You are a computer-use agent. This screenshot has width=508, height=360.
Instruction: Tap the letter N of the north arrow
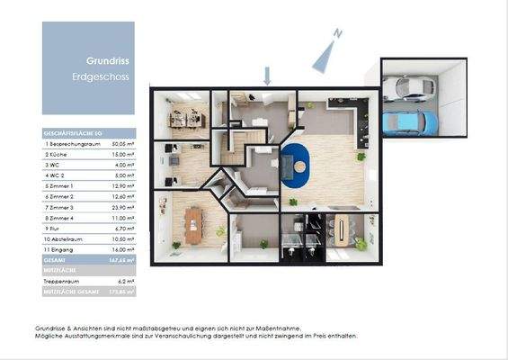336,33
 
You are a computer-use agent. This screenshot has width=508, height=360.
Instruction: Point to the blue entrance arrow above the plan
266,75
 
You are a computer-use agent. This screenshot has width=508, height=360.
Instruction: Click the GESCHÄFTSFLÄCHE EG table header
72,131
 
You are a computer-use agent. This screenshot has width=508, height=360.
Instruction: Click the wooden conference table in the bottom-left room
190,229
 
